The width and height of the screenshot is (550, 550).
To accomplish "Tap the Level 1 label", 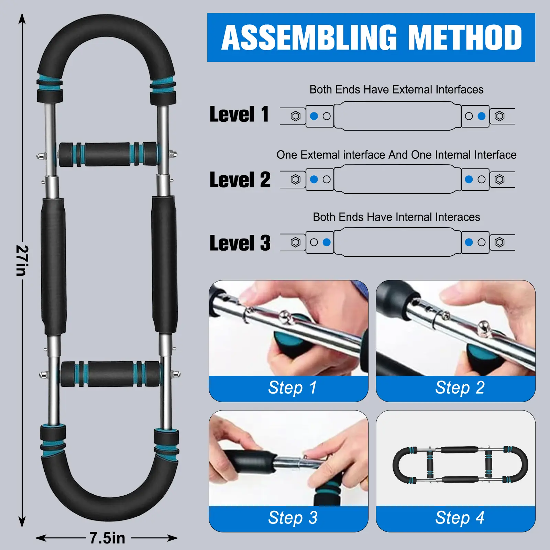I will click(239, 114).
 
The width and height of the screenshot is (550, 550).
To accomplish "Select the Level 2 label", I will click(240, 180).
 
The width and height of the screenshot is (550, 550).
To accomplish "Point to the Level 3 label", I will click(240, 243).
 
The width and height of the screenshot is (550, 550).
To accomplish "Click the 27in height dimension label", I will click(22, 260).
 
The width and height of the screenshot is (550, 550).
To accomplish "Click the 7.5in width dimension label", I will click(107, 538).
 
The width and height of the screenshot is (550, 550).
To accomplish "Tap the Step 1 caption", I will click(292, 388).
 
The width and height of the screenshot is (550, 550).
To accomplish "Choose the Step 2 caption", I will click(460, 388).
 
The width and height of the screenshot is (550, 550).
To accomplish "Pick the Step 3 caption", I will click(293, 518).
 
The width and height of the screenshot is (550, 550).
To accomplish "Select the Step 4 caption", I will click(460, 518).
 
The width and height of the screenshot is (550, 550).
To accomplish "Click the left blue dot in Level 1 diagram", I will click(314, 116).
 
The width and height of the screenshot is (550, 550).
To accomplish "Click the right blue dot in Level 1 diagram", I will click(482, 116).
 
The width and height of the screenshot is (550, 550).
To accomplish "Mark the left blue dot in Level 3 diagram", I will click(327, 242).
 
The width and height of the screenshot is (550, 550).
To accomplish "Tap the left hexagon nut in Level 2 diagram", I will click(295, 179).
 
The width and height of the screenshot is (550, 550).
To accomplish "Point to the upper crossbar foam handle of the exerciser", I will click(108, 154).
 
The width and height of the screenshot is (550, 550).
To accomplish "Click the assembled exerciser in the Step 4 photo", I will click(460, 465).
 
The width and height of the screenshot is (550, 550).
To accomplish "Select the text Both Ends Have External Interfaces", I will click(396, 89).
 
